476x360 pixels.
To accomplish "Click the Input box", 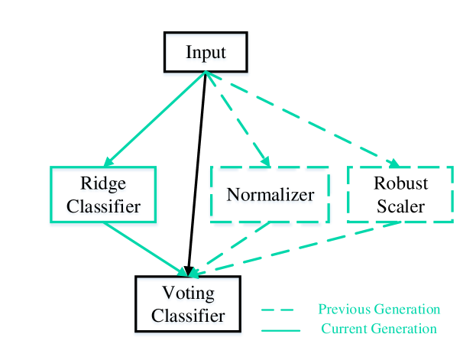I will [x=206, y=54].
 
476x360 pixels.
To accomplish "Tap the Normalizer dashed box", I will [x=270, y=196].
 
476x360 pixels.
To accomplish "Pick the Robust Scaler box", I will [x=400, y=195].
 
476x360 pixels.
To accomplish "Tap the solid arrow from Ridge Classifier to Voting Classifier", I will [x=151, y=251].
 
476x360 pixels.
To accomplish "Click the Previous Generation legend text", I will [x=379, y=310].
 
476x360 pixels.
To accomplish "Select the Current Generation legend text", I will [x=379, y=329].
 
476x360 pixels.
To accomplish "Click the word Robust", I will [x=400, y=184].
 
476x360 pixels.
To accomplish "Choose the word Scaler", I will [x=400, y=206].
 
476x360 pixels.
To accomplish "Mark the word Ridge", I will [x=103, y=184].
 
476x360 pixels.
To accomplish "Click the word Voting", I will [x=187, y=294].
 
